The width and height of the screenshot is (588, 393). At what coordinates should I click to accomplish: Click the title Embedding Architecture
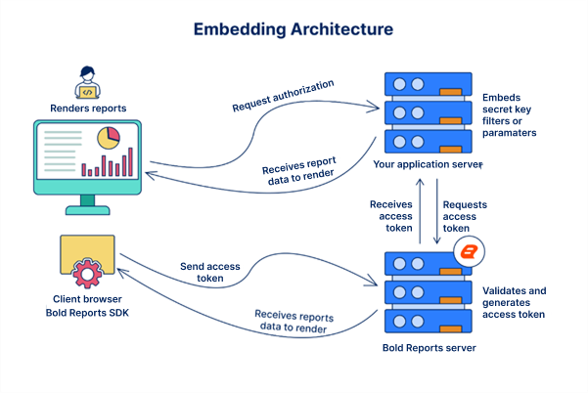point(294,28)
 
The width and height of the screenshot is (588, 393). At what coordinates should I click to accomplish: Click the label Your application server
point(428,165)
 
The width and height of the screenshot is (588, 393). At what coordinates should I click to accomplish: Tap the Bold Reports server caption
point(428,347)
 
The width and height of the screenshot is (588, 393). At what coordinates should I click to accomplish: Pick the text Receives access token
point(390,216)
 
